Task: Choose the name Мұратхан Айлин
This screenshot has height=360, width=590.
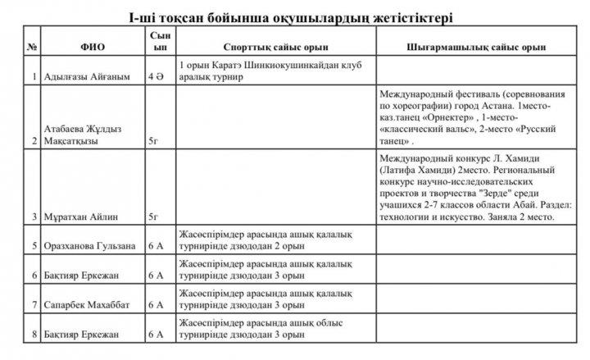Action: click(x=79, y=217)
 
